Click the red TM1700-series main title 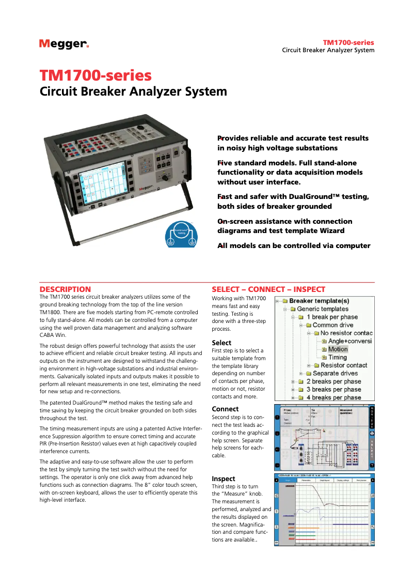pyautogui.click(x=96, y=75)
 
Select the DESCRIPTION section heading pyautogui.click(x=66, y=289)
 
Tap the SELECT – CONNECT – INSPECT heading pyautogui.click(x=268, y=289)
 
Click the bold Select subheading pyautogui.click(x=221, y=343)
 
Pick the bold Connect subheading pyautogui.click(x=225, y=409)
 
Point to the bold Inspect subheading pyautogui.click(x=224, y=479)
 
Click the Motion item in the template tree pyautogui.click(x=338, y=349)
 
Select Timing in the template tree pyautogui.click(x=337, y=357)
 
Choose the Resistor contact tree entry pyautogui.click(x=343, y=365)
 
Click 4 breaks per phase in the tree pyautogui.click(x=333, y=397)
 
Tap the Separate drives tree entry pyautogui.click(x=335, y=373)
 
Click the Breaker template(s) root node pyautogui.click(x=319, y=301)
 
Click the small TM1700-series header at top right pyautogui.click(x=348, y=42)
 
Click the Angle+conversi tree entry pyautogui.click(x=350, y=341)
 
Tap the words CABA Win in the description pyautogui.click(x=50, y=335)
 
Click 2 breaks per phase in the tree pyautogui.click(x=333, y=381)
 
